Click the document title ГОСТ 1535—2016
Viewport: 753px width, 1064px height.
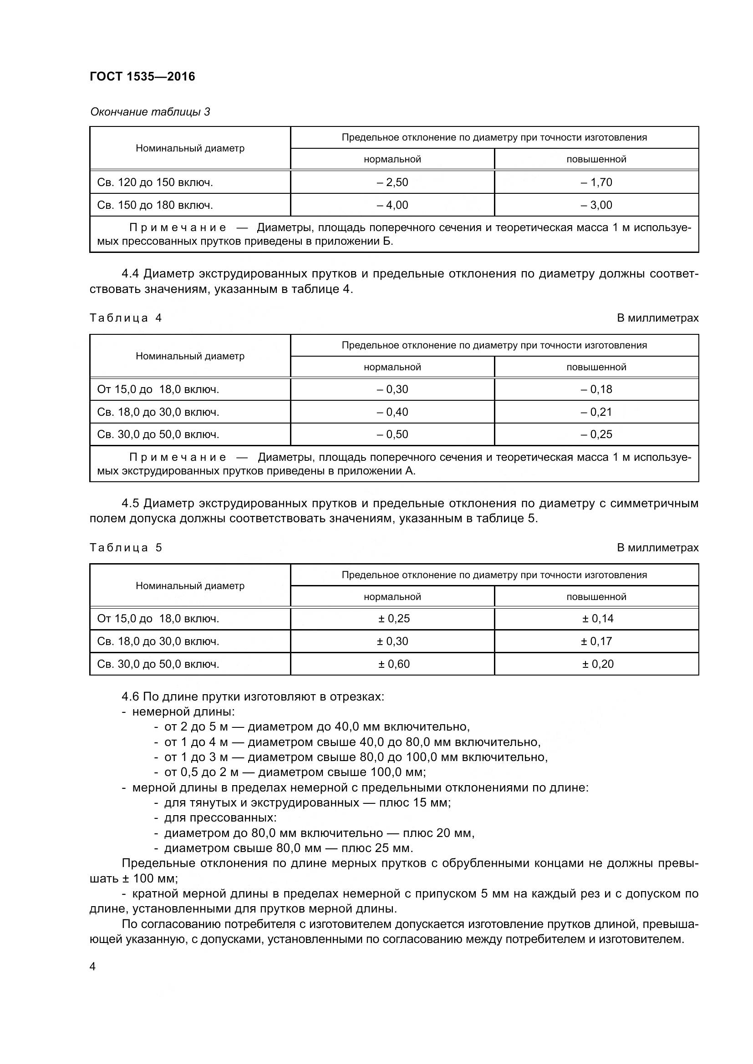click(x=142, y=76)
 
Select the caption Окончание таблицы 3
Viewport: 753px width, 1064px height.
click(x=150, y=112)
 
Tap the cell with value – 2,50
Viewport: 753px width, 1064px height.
click(x=392, y=182)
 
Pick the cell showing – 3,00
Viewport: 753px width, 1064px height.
click(x=596, y=205)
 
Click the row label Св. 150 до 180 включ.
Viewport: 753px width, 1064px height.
click(x=155, y=205)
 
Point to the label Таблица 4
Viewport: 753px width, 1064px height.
click(x=126, y=318)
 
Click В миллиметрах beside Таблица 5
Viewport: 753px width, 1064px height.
click(x=657, y=547)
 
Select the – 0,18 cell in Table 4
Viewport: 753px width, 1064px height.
click(x=596, y=389)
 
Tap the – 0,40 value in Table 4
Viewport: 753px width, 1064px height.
click(x=392, y=412)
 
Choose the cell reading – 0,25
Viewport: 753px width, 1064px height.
click(x=596, y=434)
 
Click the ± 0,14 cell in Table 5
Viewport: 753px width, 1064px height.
click(x=597, y=618)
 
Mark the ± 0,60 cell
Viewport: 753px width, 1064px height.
click(x=394, y=664)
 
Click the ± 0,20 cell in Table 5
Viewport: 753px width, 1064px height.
click(x=597, y=664)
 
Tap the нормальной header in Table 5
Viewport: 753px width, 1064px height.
click(x=392, y=596)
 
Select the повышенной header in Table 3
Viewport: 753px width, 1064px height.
click(x=596, y=159)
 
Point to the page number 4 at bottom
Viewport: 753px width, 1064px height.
click(x=92, y=967)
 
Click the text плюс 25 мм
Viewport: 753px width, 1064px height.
click(x=376, y=848)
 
